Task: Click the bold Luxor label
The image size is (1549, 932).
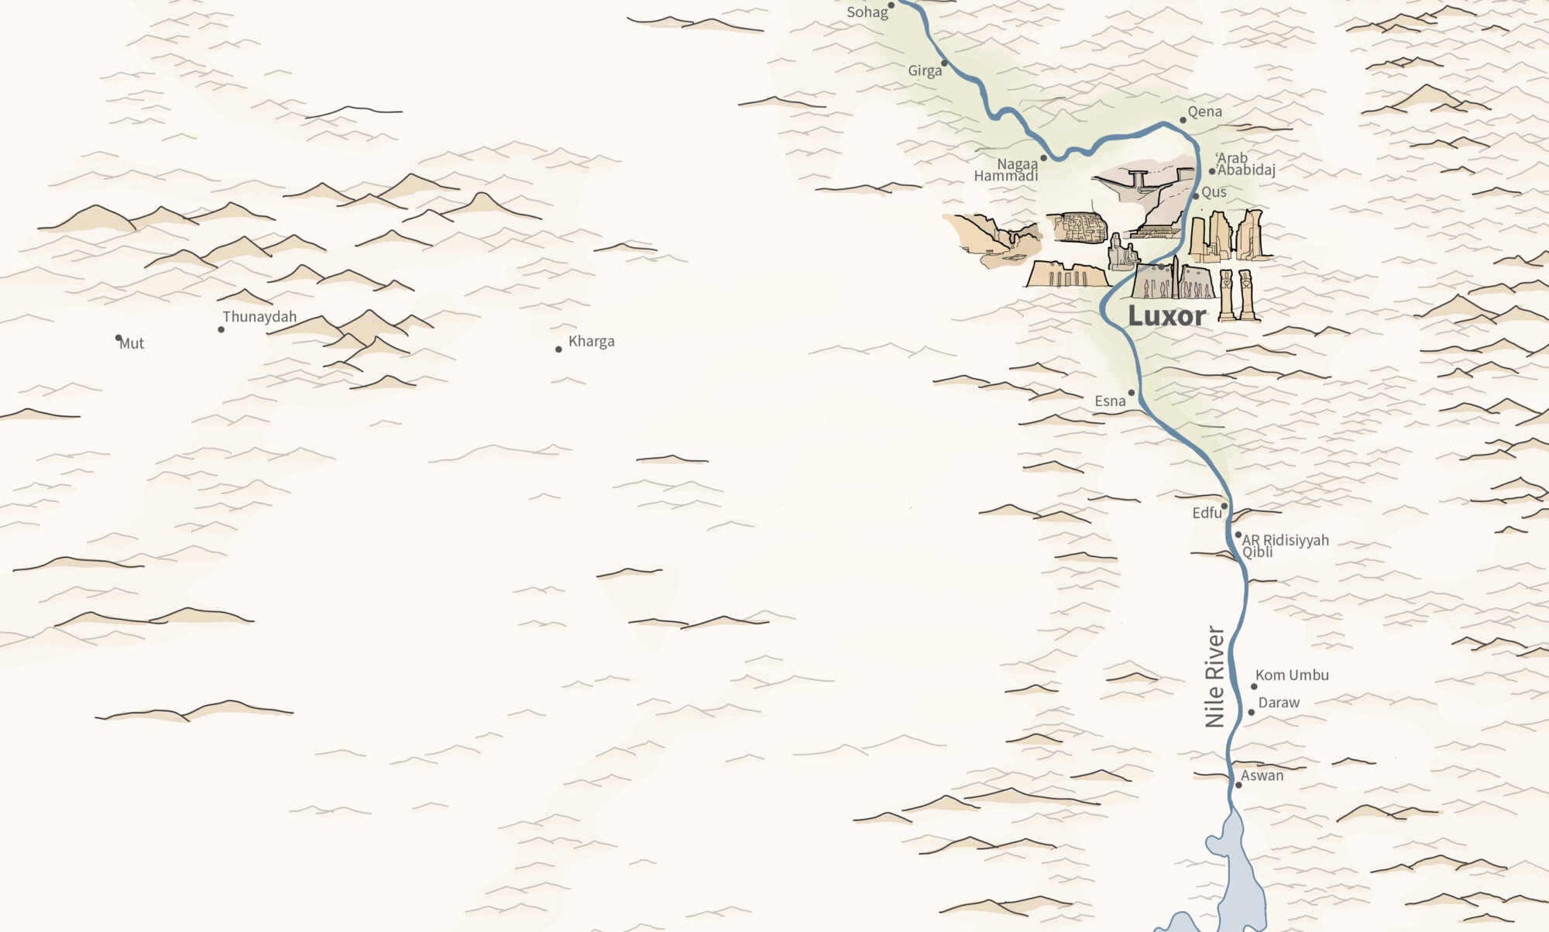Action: [1166, 316]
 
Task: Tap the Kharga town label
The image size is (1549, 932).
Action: [591, 342]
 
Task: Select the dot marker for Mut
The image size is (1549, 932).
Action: [118, 338]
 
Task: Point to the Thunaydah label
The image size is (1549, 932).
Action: [259, 317]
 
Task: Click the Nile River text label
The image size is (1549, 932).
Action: [1214, 677]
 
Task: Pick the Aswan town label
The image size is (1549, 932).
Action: [1262, 776]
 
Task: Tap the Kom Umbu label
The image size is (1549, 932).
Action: [1292, 676]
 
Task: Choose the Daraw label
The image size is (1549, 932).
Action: [1279, 703]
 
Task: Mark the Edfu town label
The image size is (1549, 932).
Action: [1207, 513]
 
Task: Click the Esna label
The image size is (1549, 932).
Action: [1110, 401]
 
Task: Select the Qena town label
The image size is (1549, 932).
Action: [1205, 112]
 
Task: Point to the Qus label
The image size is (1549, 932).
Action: [1214, 192]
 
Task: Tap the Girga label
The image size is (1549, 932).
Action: [925, 71]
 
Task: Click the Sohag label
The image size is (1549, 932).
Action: [867, 12]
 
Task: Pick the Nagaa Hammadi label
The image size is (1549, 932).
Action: [1007, 170]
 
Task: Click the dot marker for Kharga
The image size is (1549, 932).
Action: [558, 349]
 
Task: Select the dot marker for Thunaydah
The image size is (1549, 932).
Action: [222, 329]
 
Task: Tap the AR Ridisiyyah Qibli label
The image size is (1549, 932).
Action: [1285, 545]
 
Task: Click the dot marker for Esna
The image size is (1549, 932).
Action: [1132, 393]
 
